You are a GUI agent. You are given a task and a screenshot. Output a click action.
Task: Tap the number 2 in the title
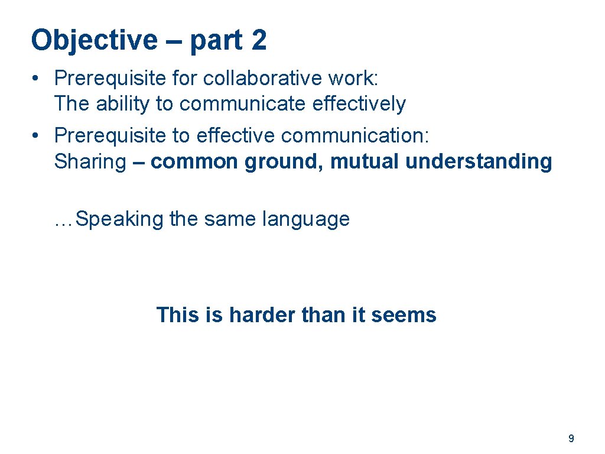pos(258,40)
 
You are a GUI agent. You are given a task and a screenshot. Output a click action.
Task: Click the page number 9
pos(571,439)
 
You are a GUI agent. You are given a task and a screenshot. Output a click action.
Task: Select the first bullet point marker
pos(37,77)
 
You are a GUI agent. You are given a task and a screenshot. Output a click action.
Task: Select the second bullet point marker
pos(37,135)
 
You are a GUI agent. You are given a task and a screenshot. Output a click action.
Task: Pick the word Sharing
pos(90,161)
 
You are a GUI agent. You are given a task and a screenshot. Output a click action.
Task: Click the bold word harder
pos(262,314)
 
